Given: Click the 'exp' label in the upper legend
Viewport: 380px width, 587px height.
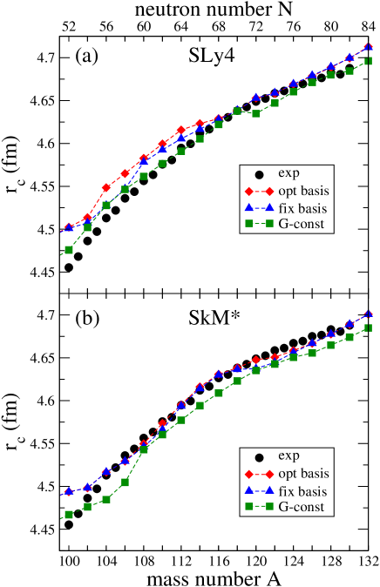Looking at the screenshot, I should coord(288,172).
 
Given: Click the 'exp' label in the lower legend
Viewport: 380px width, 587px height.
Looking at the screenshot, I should coord(288,455).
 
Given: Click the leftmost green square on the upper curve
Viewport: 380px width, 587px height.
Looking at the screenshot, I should coord(69,250).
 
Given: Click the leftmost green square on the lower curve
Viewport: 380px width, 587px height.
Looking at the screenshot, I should coord(69,515).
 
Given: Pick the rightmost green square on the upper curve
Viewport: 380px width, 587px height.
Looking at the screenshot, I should coord(369,61).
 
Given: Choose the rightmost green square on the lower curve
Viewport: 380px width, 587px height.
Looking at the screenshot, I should coord(369,327).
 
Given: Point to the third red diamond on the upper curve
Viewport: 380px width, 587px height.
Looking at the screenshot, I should coord(106,187).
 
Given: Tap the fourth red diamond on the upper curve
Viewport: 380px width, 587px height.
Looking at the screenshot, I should coord(126,173).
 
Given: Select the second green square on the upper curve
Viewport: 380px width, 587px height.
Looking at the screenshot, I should coord(87,227).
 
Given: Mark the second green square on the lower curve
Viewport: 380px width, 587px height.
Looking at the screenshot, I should coord(87,506).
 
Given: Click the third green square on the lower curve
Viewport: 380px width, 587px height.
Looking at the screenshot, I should coord(106,499).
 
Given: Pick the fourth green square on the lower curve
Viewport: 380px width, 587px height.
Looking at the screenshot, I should coord(126,482).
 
